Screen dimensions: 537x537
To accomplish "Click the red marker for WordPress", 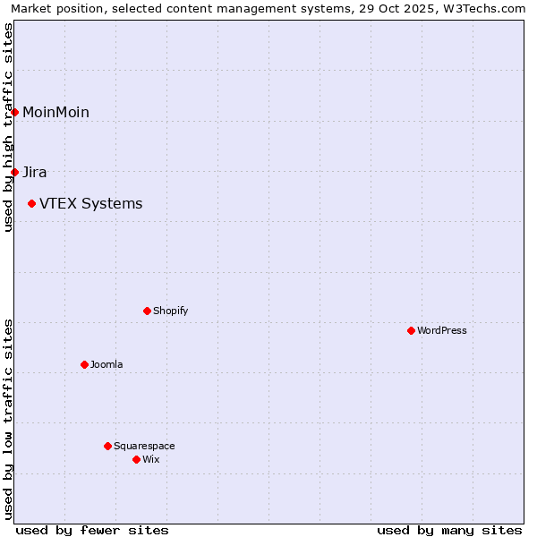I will pyautogui.click(x=411, y=330).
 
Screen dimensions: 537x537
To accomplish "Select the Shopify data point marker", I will pyautogui.click(x=147, y=311).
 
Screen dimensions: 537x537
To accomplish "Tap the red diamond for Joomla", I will pyautogui.click(x=84, y=364).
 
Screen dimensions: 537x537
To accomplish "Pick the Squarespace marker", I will pyautogui.click(x=107, y=446).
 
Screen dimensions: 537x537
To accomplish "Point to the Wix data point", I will pyautogui.click(x=136, y=459).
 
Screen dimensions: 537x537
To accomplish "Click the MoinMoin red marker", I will pyautogui.click(x=15, y=112).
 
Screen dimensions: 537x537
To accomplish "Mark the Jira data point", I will pyautogui.click(x=15, y=172).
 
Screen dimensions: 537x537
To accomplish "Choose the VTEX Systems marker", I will pyautogui.click(x=31, y=203).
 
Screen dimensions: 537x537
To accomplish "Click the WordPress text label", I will pyautogui.click(x=442, y=330).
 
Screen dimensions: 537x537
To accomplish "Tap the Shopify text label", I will pyautogui.click(x=170, y=311).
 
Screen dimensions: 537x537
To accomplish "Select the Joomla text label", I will pyautogui.click(x=107, y=364).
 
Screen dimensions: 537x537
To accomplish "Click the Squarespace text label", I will pyautogui.click(x=144, y=446).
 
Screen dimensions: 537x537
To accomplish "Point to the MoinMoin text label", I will pyautogui.click(x=55, y=112).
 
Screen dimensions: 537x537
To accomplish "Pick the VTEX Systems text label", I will pyautogui.click(x=90, y=203).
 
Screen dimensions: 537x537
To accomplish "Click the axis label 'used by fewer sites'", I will pyautogui.click(x=92, y=530).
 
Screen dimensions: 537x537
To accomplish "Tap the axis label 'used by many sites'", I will pyautogui.click(x=449, y=530).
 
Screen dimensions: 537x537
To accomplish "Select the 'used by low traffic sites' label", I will pyautogui.click(x=8, y=419).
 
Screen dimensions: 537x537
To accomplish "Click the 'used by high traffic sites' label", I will pyautogui.click(x=8, y=127).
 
